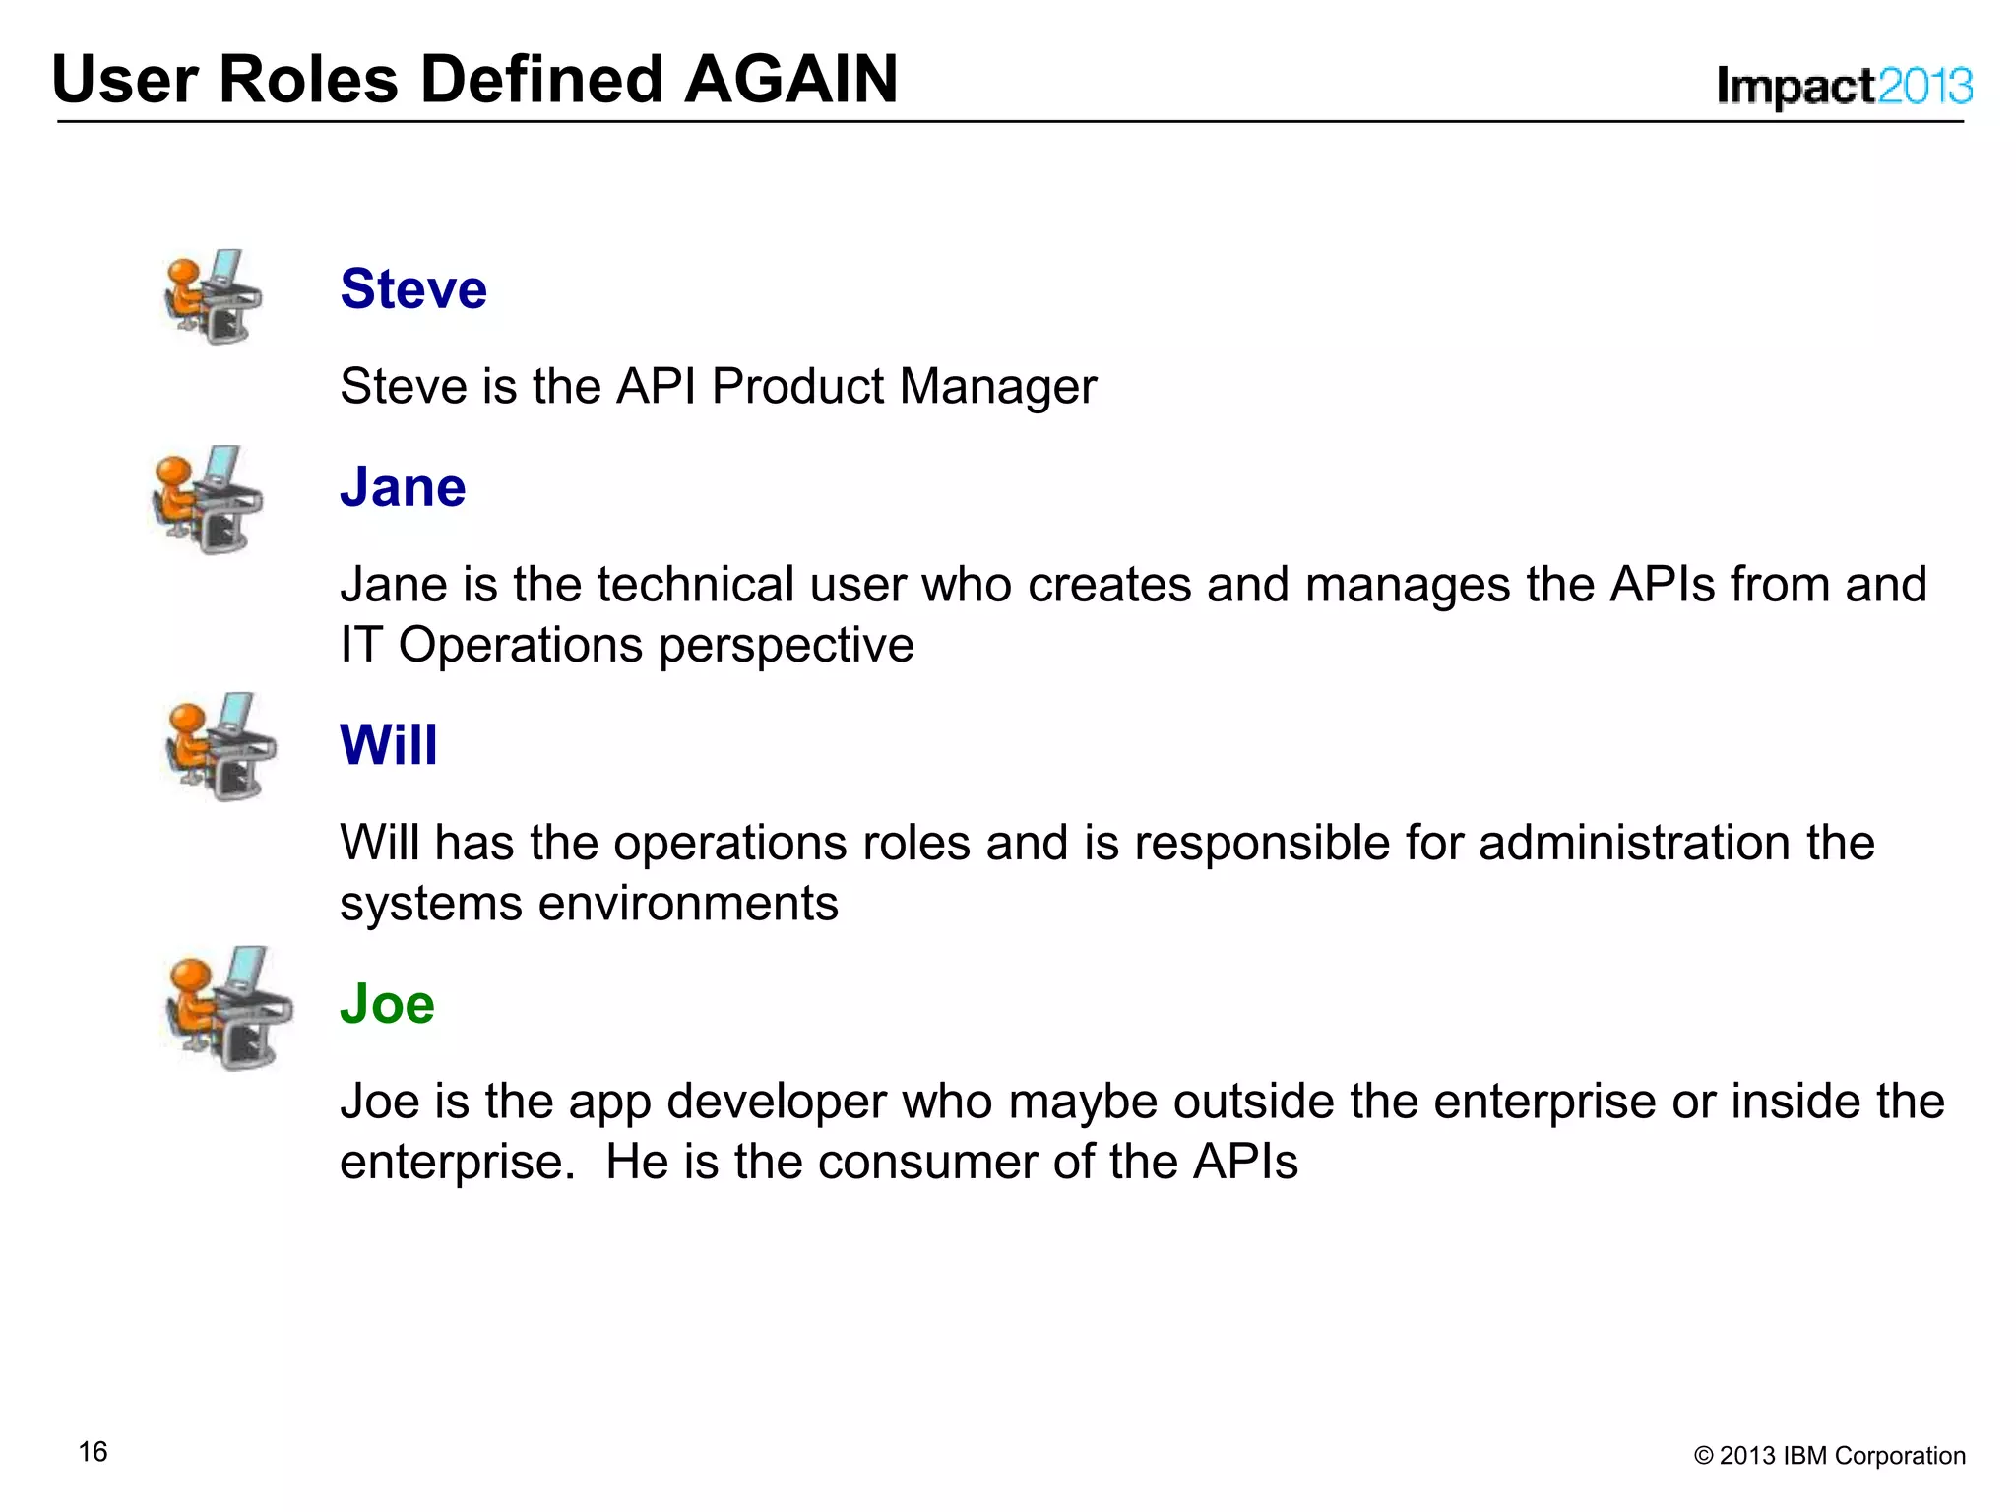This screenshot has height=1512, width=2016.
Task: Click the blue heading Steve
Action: pos(413,289)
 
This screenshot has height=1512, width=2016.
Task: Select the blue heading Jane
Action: pos(403,487)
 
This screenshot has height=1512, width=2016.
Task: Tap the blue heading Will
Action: pos(388,745)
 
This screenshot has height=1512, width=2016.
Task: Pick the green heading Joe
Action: pos(387,1004)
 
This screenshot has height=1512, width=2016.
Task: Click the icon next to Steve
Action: pos(213,296)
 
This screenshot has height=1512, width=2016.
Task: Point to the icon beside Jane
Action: pos(208,499)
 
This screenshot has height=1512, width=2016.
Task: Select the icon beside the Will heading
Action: pos(220,746)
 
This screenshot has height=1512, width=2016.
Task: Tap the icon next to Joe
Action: pos(228,1008)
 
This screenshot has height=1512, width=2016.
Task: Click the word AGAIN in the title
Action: pos(790,80)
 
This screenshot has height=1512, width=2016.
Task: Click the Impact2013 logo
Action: pos(1844,87)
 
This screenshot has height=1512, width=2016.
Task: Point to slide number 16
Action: pos(93,1452)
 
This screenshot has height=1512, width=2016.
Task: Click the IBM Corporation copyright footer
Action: pos(1829,1456)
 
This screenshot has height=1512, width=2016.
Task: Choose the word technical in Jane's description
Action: pos(695,585)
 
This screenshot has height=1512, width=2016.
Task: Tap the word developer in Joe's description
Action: pos(776,1102)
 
